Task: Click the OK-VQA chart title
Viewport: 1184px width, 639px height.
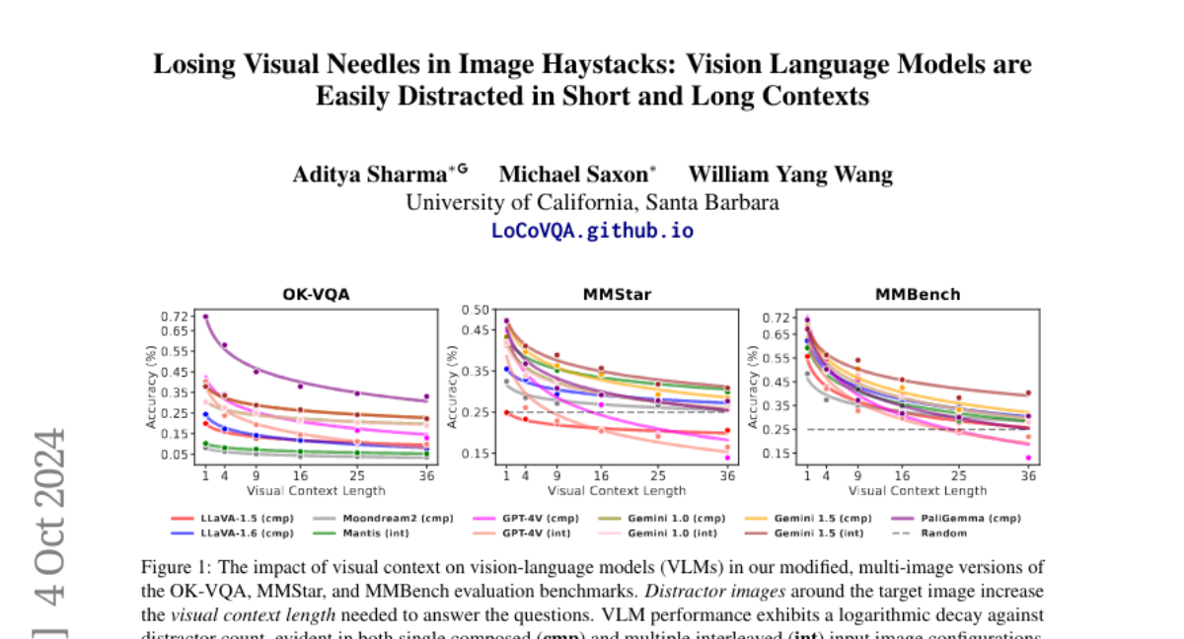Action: [x=316, y=295]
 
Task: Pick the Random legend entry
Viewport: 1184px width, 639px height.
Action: [x=943, y=532]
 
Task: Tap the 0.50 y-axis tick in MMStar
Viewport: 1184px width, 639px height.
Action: [x=476, y=310]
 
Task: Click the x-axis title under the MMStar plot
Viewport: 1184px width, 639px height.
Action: [x=617, y=490]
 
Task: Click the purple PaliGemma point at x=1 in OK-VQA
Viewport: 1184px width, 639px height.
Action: [x=205, y=317]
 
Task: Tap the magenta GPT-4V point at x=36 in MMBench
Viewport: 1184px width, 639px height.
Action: [x=1027, y=458]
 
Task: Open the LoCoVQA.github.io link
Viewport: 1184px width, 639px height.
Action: [x=592, y=231]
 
